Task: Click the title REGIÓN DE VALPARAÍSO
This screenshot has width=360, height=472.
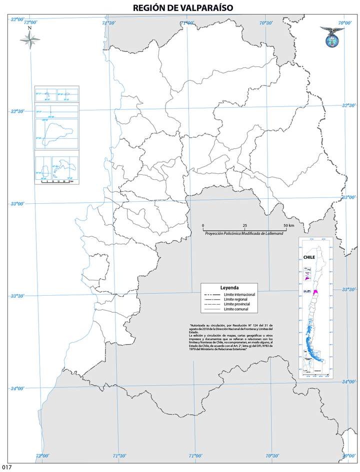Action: [x=183, y=8]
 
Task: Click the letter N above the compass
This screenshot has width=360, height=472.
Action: [x=30, y=28]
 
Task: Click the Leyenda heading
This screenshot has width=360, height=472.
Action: [x=229, y=288]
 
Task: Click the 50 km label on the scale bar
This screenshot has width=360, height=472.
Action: [x=288, y=226]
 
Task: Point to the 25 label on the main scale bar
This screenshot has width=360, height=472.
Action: [x=244, y=226]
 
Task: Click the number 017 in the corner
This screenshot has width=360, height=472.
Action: [x=6, y=468]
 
